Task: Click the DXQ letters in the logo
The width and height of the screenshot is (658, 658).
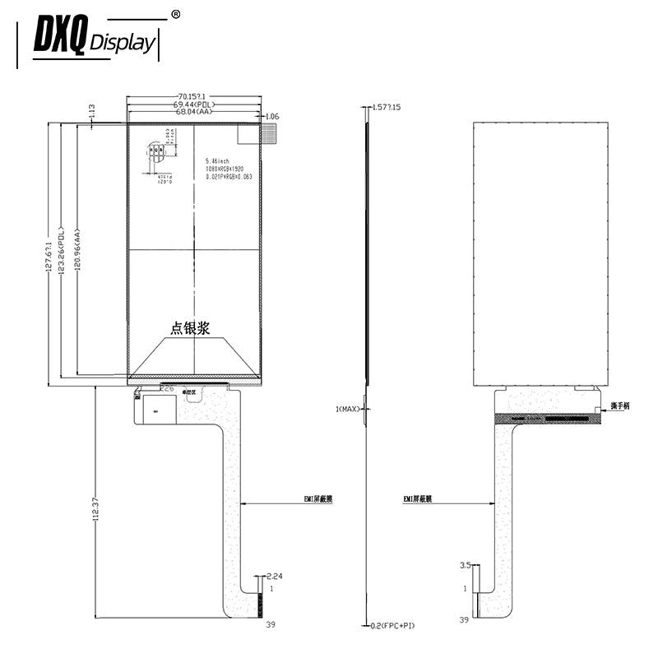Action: pos(59,37)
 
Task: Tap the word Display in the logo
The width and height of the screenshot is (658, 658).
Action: pos(121,43)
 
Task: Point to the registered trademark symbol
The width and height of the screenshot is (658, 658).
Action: pos(174,14)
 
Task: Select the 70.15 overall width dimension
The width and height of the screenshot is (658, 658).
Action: pos(194,96)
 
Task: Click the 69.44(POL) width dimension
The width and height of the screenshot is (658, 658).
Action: pos(194,105)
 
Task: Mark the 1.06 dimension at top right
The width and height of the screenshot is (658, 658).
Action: pos(272,117)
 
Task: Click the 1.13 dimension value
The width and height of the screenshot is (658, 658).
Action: pos(92,110)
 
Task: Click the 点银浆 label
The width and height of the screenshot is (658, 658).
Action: pos(190,328)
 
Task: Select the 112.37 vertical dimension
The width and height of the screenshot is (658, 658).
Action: pos(96,510)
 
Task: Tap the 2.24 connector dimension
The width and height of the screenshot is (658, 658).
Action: pos(275,577)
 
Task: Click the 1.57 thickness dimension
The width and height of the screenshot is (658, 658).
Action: pos(386,108)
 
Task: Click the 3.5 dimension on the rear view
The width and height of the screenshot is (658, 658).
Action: pos(465,565)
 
